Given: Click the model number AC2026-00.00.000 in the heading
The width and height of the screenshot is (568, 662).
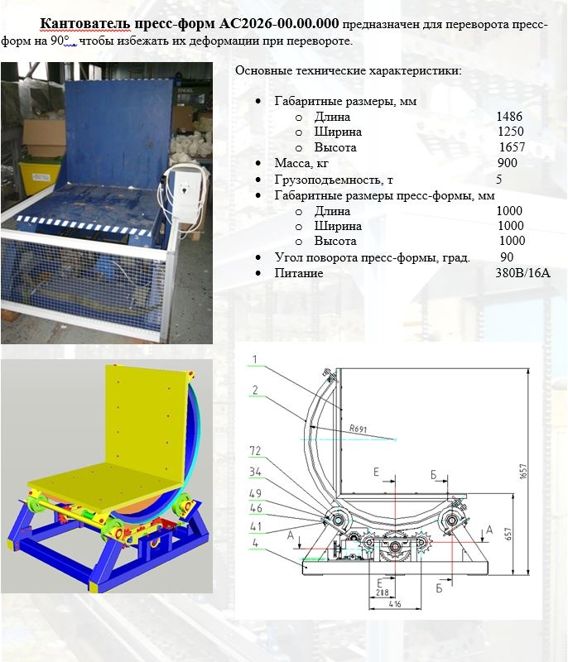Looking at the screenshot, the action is coord(279,23).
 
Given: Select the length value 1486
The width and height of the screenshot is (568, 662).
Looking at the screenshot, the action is coord(509,117).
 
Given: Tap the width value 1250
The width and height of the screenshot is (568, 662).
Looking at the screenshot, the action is coord(511,132).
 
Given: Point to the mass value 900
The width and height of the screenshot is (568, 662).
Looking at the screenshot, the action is coord(508,163).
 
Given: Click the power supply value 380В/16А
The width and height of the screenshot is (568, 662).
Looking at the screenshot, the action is coord(522,273).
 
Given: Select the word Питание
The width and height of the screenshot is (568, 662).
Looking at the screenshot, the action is coord(299,273).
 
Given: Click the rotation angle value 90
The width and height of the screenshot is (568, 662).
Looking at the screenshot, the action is coord(507,257).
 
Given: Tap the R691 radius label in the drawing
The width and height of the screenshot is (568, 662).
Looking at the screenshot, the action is coord(359,429).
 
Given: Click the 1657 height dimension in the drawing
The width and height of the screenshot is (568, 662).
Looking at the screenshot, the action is coord(523,471).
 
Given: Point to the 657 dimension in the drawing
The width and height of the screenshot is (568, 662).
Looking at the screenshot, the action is coord(508,534).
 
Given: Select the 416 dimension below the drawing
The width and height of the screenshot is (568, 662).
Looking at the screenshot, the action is coord(395,604).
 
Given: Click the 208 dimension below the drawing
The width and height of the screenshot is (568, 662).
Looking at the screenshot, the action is coord(383,593).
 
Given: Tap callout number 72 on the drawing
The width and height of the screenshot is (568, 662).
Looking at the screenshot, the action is coord(255,451).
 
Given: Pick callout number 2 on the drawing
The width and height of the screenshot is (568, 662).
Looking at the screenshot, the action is coord(255,390).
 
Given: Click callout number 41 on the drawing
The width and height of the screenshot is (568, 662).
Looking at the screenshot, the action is coord(256,526).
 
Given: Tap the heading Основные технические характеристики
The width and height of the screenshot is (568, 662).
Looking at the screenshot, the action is coord(349,70).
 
